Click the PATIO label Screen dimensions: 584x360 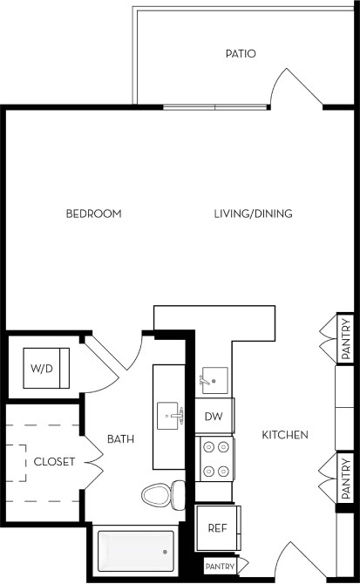click(x=240, y=54)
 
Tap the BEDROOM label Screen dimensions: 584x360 click(x=93, y=214)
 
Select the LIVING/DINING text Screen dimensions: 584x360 click(x=254, y=214)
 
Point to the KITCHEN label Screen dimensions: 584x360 click(x=285, y=434)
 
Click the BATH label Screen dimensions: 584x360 click(x=119, y=438)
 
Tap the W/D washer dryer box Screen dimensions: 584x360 click(x=42, y=369)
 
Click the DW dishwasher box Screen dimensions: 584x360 click(x=214, y=417)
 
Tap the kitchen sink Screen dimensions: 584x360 click(x=214, y=381)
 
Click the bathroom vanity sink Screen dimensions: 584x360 click(x=170, y=416)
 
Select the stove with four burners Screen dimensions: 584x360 click(x=214, y=458)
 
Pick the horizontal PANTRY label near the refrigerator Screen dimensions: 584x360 click(x=221, y=567)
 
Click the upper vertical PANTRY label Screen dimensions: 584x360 click(x=346, y=337)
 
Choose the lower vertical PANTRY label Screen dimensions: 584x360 click(x=346, y=476)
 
